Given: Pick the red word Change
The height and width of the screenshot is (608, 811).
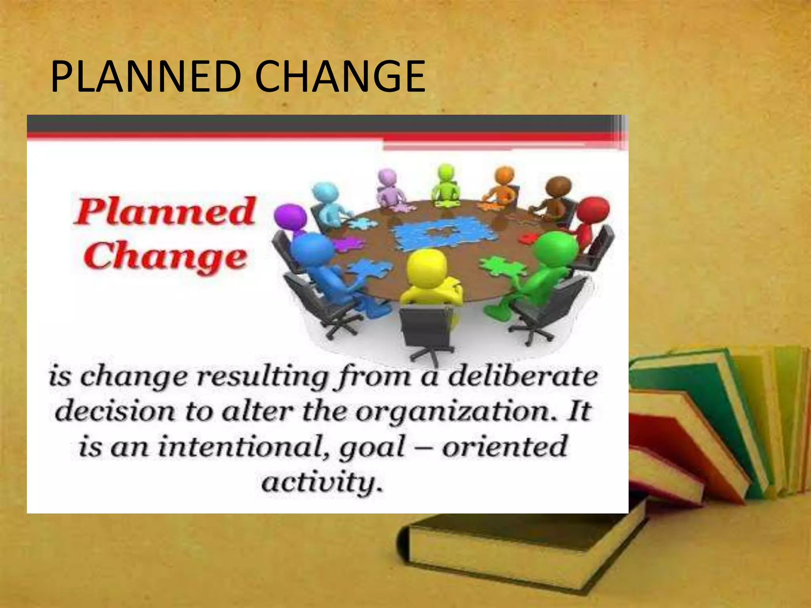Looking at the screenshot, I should click(x=166, y=257).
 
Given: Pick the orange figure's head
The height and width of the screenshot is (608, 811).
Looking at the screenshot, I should click(x=504, y=176).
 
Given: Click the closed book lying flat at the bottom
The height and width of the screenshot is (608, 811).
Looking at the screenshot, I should click(x=515, y=546).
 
